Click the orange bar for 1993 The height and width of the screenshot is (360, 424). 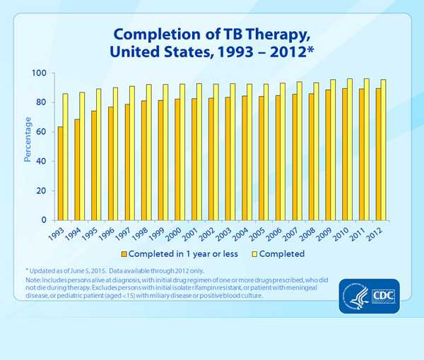tap(61, 174)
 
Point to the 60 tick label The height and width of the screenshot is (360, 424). tap(42, 132)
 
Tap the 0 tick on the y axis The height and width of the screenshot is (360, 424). tap(45, 220)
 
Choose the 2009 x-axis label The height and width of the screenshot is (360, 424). tap(326, 233)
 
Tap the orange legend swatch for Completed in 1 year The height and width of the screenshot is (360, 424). tap(124, 253)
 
